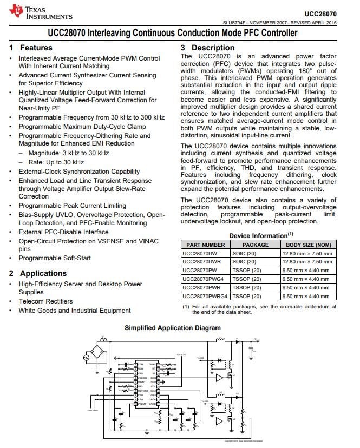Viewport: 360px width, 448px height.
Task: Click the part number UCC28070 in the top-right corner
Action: coord(320,14)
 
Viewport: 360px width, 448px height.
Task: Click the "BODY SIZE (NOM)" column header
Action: coord(308,245)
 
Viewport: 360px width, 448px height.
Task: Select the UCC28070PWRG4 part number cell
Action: coord(204,296)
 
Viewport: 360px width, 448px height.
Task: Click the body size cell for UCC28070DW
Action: coord(306,253)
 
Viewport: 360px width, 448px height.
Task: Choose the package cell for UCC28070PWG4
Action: coord(246,279)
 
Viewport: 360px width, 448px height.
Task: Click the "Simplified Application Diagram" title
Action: coord(173,328)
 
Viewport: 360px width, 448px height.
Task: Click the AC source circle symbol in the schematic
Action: coord(86,357)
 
